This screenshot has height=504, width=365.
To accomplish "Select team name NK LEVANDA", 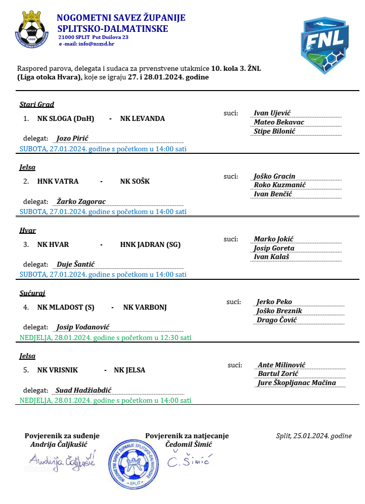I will point(143,119).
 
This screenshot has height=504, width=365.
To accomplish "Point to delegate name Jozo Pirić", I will point(73,138).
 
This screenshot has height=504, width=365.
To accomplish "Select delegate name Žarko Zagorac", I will point(81,201).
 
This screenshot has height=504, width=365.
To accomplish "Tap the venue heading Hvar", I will point(28,230).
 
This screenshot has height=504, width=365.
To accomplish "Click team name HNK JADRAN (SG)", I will point(150,244).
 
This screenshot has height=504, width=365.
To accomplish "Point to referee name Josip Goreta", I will point(274,248).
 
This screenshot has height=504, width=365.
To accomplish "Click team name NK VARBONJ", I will point(145,307).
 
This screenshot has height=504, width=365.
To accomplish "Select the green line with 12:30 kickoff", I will point(105,338).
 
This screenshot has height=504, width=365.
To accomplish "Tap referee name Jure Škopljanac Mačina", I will point(296,383).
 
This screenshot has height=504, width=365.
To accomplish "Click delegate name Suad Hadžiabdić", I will point(83,390).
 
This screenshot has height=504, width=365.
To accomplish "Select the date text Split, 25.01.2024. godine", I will point(314,436).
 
